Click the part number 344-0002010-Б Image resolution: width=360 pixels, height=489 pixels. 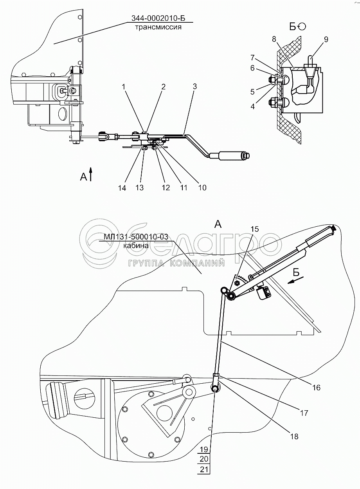pos(158,18)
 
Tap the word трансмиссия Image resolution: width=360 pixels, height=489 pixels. pos(158,27)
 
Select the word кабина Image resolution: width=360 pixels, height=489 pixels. pos(136,245)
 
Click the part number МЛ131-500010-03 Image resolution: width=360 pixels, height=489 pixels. pos(136,237)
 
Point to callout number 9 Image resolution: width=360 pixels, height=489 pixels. pos(326,40)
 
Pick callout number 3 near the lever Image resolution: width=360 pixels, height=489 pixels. pos(195,87)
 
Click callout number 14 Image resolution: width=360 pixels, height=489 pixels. pos(122,188)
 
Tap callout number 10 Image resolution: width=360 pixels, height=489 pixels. pos(202,188)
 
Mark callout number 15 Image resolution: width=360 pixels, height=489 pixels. pos(254,229)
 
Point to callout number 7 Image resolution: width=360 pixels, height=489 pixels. pos(253,58)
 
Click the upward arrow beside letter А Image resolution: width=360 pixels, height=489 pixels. pos(91,174)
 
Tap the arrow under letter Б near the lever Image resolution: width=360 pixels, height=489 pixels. pos(295,280)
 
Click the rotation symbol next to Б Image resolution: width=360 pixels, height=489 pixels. pos(302,27)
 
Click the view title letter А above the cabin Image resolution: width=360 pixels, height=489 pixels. pos(218,224)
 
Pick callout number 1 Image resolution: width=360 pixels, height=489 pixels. pos(124,87)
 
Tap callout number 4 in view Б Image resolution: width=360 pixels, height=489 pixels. pos(253,107)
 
